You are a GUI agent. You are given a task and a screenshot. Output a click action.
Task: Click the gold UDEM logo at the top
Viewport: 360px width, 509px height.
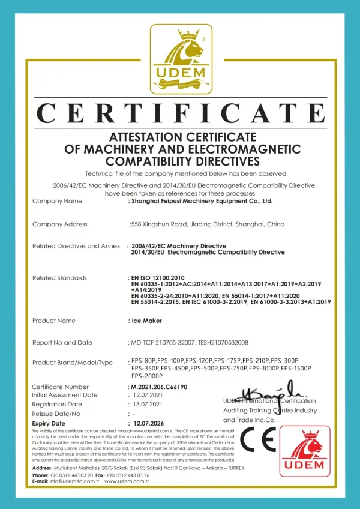click(181, 58)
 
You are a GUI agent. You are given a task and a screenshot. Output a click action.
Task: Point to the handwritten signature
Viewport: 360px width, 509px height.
click(267, 393)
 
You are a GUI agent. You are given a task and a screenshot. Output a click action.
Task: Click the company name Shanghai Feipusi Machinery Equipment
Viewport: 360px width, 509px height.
click(202, 202)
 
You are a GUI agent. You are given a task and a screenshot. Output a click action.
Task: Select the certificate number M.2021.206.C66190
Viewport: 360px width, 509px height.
click(159, 387)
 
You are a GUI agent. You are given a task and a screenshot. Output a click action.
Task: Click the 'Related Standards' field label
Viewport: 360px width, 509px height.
click(59, 278)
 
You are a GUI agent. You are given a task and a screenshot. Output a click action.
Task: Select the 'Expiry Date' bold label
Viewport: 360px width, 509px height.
click(49, 423)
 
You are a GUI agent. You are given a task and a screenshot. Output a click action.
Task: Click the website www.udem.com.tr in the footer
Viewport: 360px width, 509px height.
click(127, 481)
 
